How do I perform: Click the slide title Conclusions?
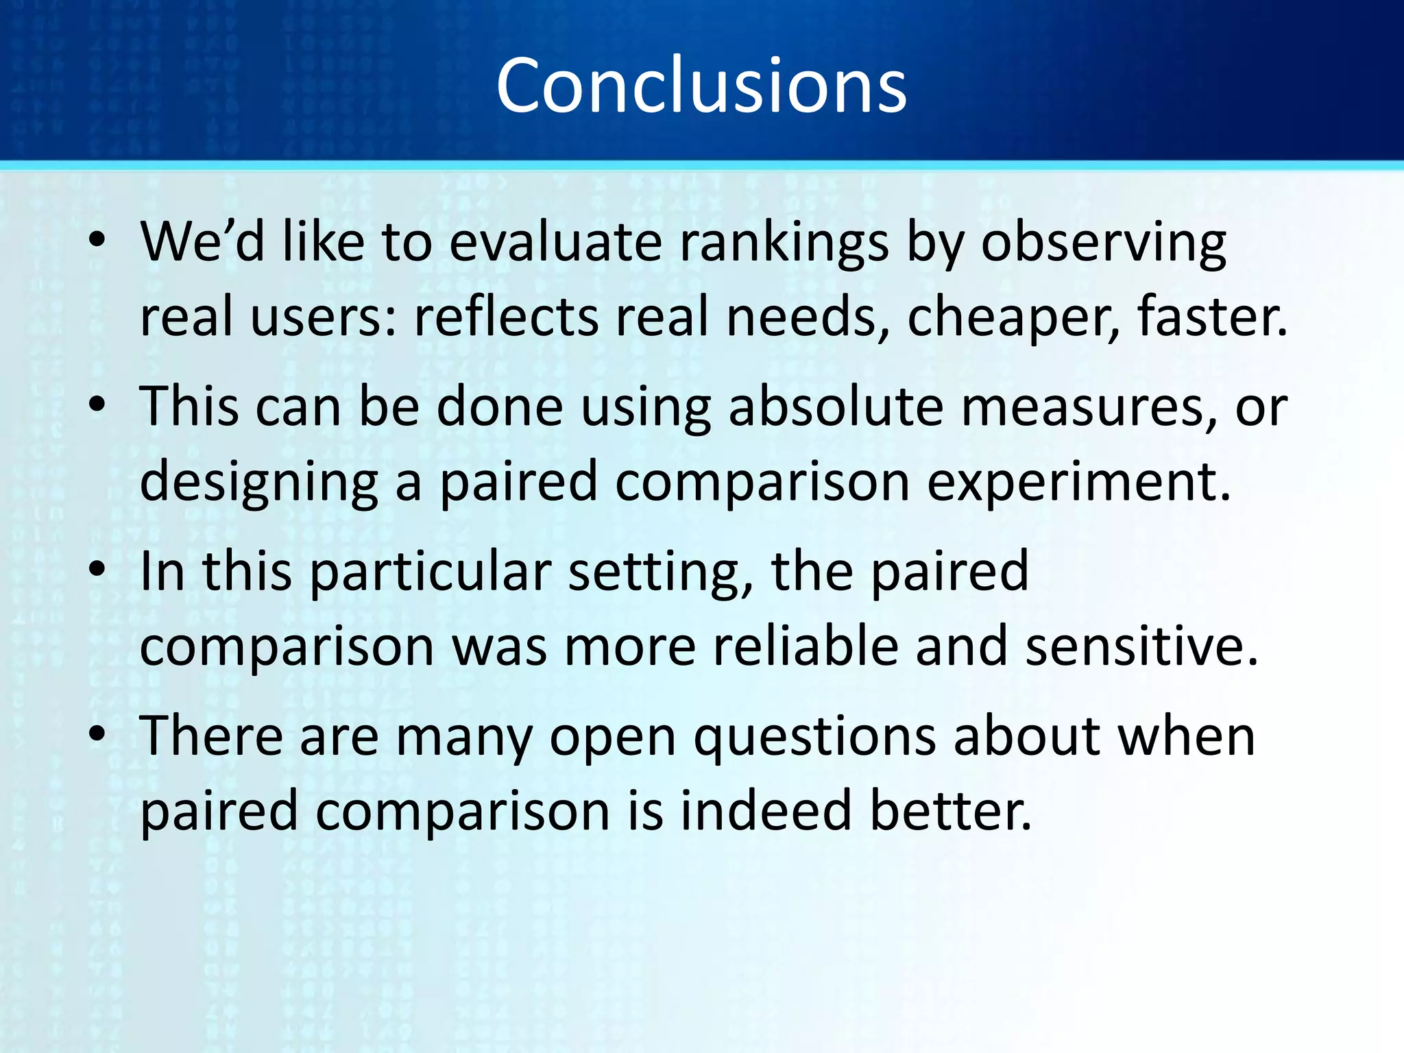click(x=701, y=86)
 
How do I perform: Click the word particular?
click(x=431, y=572)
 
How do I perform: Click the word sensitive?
click(x=1141, y=646)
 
